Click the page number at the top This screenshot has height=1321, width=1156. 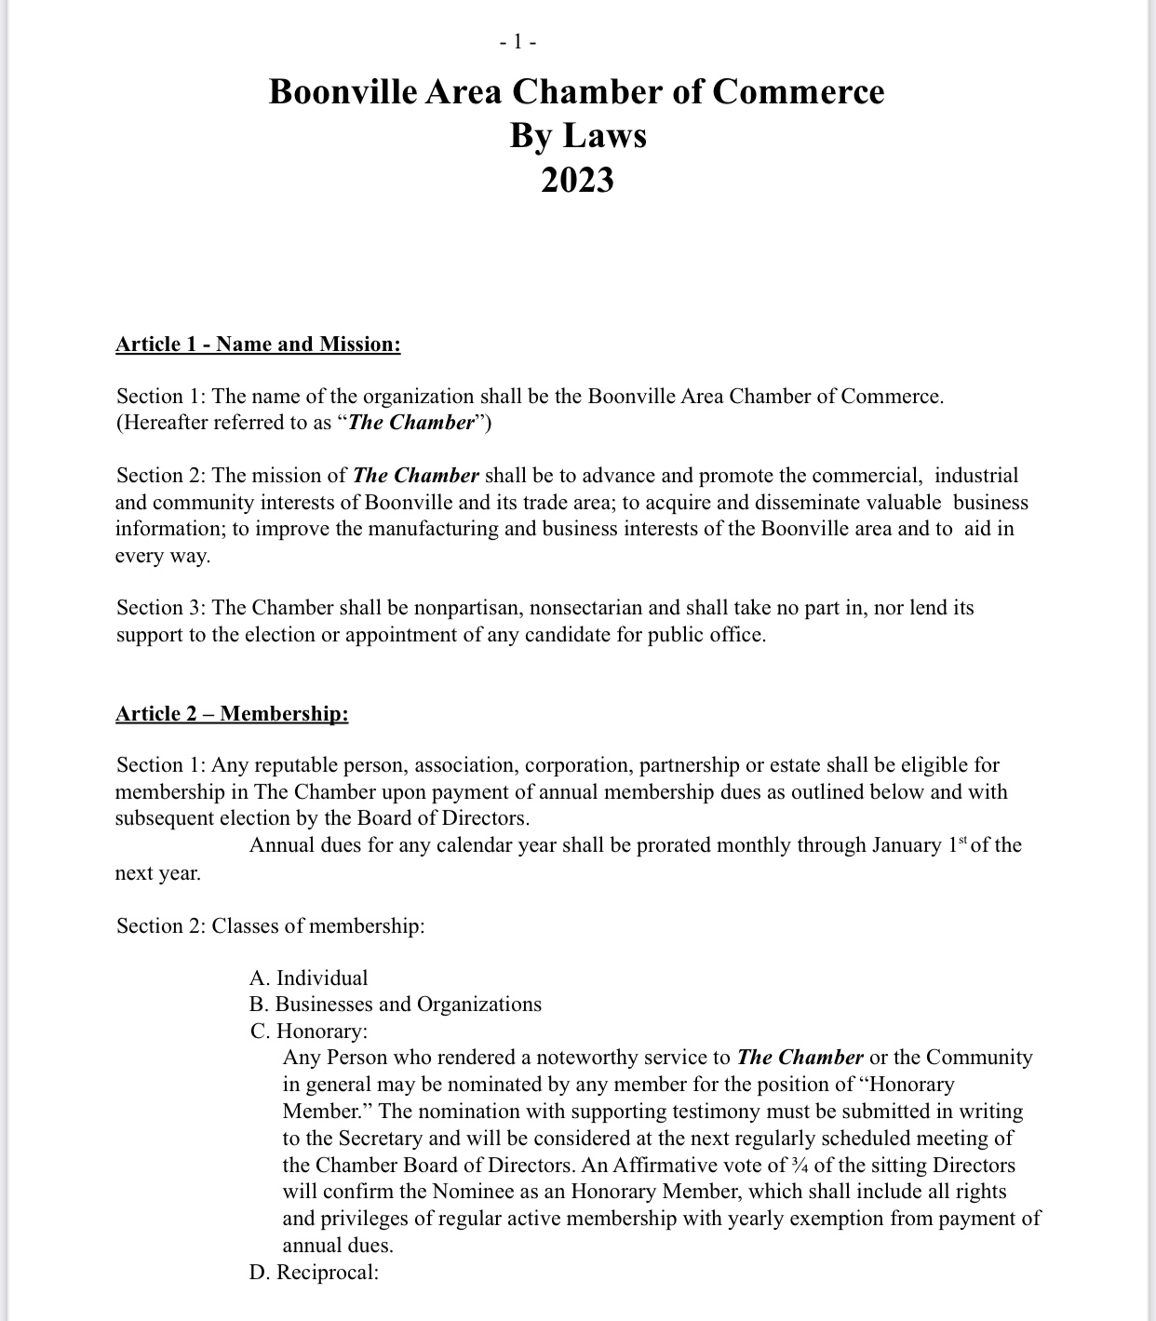(x=518, y=42)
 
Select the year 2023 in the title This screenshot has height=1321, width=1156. (x=577, y=179)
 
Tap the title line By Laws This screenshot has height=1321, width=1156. (x=577, y=135)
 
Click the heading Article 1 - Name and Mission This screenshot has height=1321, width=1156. (x=258, y=344)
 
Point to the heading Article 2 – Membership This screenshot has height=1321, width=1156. (x=232, y=714)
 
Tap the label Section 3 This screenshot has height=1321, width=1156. (x=160, y=608)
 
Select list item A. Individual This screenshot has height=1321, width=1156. (x=308, y=977)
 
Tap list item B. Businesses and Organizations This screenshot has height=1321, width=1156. (x=395, y=1004)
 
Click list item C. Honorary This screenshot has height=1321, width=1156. (x=308, y=1031)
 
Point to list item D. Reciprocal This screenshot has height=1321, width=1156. (x=314, y=1273)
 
